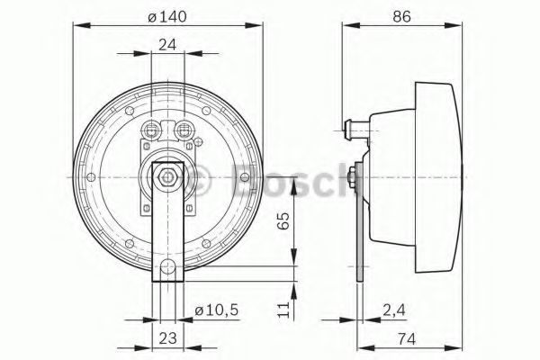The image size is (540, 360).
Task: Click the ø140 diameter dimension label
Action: [167, 16]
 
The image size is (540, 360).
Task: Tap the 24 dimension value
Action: [167, 44]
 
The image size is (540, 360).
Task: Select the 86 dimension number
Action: [402, 16]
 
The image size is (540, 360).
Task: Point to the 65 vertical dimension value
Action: [283, 220]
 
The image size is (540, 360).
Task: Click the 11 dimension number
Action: [283, 310]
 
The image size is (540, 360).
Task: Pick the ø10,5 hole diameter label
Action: [217, 310]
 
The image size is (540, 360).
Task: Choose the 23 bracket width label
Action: [167, 337]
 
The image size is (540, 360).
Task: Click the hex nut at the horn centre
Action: [167, 177]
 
